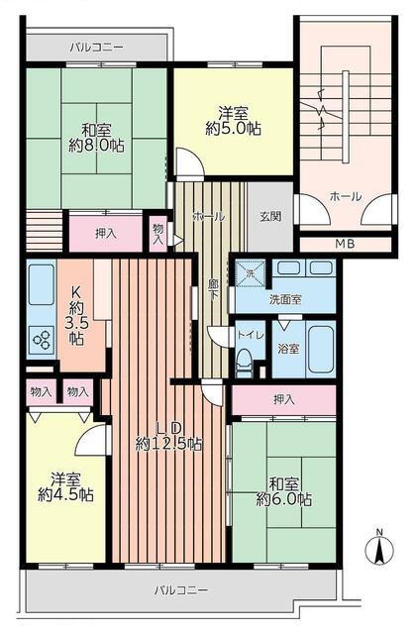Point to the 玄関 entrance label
pos(269,216)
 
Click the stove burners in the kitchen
pos(43,340)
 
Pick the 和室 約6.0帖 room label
pos(284,491)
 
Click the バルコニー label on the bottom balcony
pos(181,590)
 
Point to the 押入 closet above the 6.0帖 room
pos(283,398)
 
